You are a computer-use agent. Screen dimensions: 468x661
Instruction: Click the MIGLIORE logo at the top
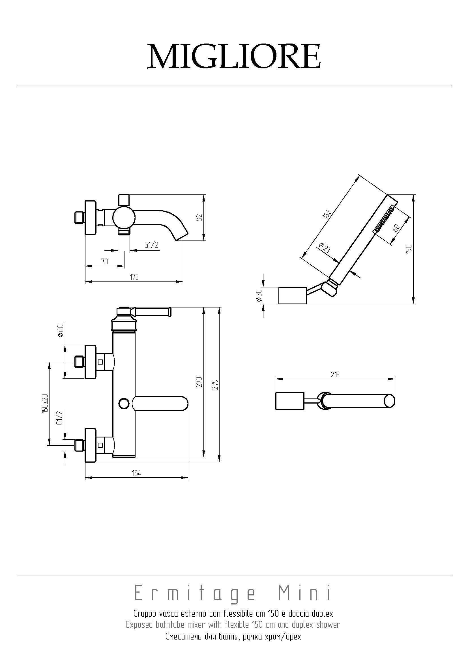coord(234,56)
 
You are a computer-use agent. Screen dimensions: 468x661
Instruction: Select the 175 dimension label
coord(134,277)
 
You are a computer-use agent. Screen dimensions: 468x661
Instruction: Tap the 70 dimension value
coord(105,261)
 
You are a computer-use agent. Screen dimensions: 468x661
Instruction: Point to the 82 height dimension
coord(201,217)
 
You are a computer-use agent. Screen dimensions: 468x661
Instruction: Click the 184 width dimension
coord(136,473)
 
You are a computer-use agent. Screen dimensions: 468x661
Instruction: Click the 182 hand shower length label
coord(328,214)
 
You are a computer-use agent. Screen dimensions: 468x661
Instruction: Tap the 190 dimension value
coord(409,249)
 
